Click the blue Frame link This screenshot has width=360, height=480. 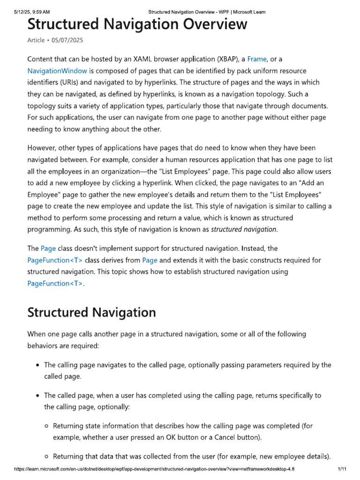[x=257, y=59]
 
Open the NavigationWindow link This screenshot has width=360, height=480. [x=57, y=71]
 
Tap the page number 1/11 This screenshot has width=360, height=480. [x=341, y=469]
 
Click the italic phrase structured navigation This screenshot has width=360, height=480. [x=244, y=229]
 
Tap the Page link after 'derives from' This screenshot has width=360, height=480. [x=150, y=260]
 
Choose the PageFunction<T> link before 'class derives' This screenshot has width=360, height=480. [x=55, y=260]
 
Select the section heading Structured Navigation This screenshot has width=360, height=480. [x=92, y=312]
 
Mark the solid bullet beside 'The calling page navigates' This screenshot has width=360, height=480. [x=37, y=365]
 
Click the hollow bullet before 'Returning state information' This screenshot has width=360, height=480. [x=46, y=426]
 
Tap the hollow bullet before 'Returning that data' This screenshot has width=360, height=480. [x=46, y=457]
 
